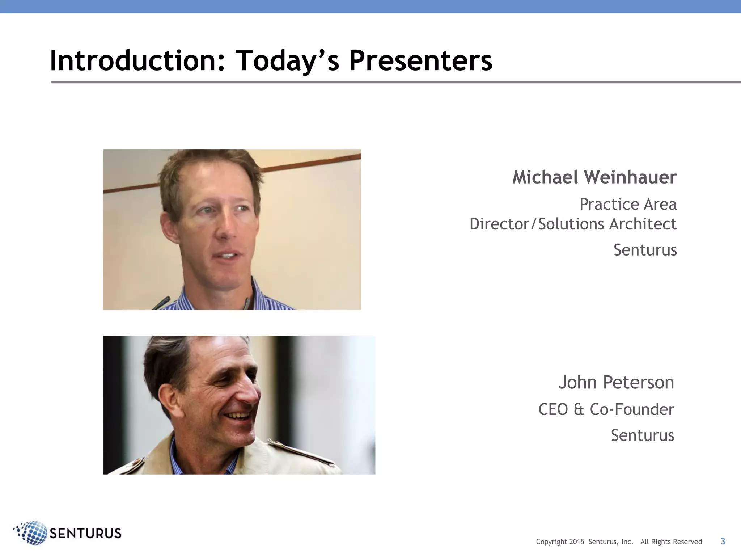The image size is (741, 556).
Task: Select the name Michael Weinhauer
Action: pyautogui.click(x=594, y=177)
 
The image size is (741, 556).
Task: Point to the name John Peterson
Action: pyautogui.click(x=616, y=382)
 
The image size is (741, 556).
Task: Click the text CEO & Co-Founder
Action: pyautogui.click(x=606, y=409)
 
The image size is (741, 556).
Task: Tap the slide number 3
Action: pyautogui.click(x=723, y=541)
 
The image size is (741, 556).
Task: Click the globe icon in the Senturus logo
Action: pyautogui.click(x=32, y=533)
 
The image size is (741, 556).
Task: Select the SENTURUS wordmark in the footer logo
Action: pyautogui.click(x=85, y=533)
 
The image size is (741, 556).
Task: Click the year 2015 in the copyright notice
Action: pyautogui.click(x=577, y=542)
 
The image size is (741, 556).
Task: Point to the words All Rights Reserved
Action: pyautogui.click(x=671, y=542)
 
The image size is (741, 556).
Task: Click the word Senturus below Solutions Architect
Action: pyautogui.click(x=645, y=250)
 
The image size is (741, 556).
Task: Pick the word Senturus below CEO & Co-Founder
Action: pyautogui.click(x=643, y=435)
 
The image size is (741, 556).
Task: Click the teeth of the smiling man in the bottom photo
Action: pyautogui.click(x=239, y=416)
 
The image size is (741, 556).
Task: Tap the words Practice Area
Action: pyautogui.click(x=628, y=204)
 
